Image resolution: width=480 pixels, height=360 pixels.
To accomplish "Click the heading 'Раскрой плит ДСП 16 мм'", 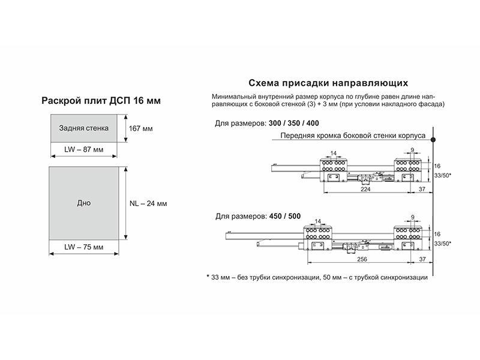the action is tap(101, 101).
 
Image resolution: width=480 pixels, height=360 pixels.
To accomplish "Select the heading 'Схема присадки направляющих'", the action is tap(328, 83).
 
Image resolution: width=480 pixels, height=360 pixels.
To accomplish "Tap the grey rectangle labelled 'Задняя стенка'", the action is tap(83, 128).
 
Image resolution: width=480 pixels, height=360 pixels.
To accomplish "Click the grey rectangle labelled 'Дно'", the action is tap(83, 203).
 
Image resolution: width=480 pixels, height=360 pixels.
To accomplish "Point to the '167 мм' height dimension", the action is tap(140, 128).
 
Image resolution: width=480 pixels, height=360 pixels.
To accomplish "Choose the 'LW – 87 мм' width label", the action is tap(83, 149).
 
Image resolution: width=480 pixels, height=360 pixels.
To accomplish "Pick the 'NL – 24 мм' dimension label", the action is tap(148, 203).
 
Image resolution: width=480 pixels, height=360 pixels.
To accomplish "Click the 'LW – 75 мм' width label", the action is tap(83, 247).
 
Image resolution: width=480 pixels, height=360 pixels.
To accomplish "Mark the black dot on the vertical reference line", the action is tap(433, 140).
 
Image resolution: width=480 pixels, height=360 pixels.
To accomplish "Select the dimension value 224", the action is tap(365, 189).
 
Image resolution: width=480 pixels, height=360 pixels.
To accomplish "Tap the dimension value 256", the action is tap(362, 259).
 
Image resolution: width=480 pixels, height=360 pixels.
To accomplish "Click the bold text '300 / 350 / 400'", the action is tap(294, 124).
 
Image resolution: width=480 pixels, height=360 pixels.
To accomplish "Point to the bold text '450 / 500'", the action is tap(285, 216).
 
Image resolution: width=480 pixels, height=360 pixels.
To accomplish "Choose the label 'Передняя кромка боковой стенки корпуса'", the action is tap(353, 136).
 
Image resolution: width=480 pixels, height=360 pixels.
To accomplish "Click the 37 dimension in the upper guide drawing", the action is tap(422, 189).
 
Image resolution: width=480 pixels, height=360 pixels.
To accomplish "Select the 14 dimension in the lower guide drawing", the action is tap(318, 221).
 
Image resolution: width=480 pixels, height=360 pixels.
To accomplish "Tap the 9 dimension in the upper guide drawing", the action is tap(412, 150).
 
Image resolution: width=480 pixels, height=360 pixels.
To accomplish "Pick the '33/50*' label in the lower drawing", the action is tap(443, 244).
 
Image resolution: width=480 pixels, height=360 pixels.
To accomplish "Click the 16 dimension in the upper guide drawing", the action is tap(437, 166).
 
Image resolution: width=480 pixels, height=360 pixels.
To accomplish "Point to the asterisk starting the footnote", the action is tap(208, 277).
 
